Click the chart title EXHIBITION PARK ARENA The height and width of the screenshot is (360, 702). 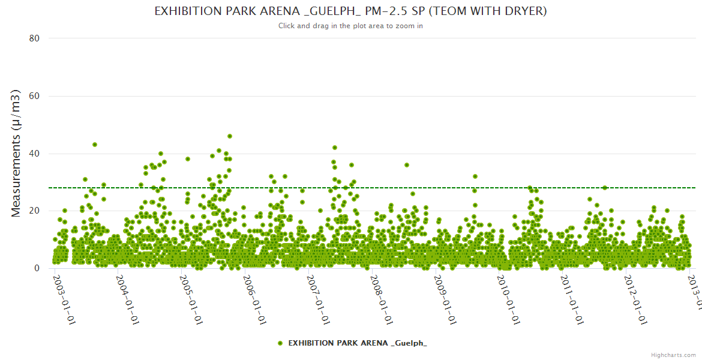click(350, 11)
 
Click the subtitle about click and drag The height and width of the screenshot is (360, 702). click(350, 26)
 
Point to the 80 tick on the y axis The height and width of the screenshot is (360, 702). click(34, 38)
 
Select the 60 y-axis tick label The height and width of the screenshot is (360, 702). click(34, 96)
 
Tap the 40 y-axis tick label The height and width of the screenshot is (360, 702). click(34, 154)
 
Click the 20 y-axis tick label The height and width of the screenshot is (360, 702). click(34, 211)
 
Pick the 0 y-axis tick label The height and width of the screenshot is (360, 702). click(37, 269)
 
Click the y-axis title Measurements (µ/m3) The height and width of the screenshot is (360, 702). click(16, 153)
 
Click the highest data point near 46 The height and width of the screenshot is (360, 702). click(230, 136)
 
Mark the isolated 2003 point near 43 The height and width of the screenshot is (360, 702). click(95, 145)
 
